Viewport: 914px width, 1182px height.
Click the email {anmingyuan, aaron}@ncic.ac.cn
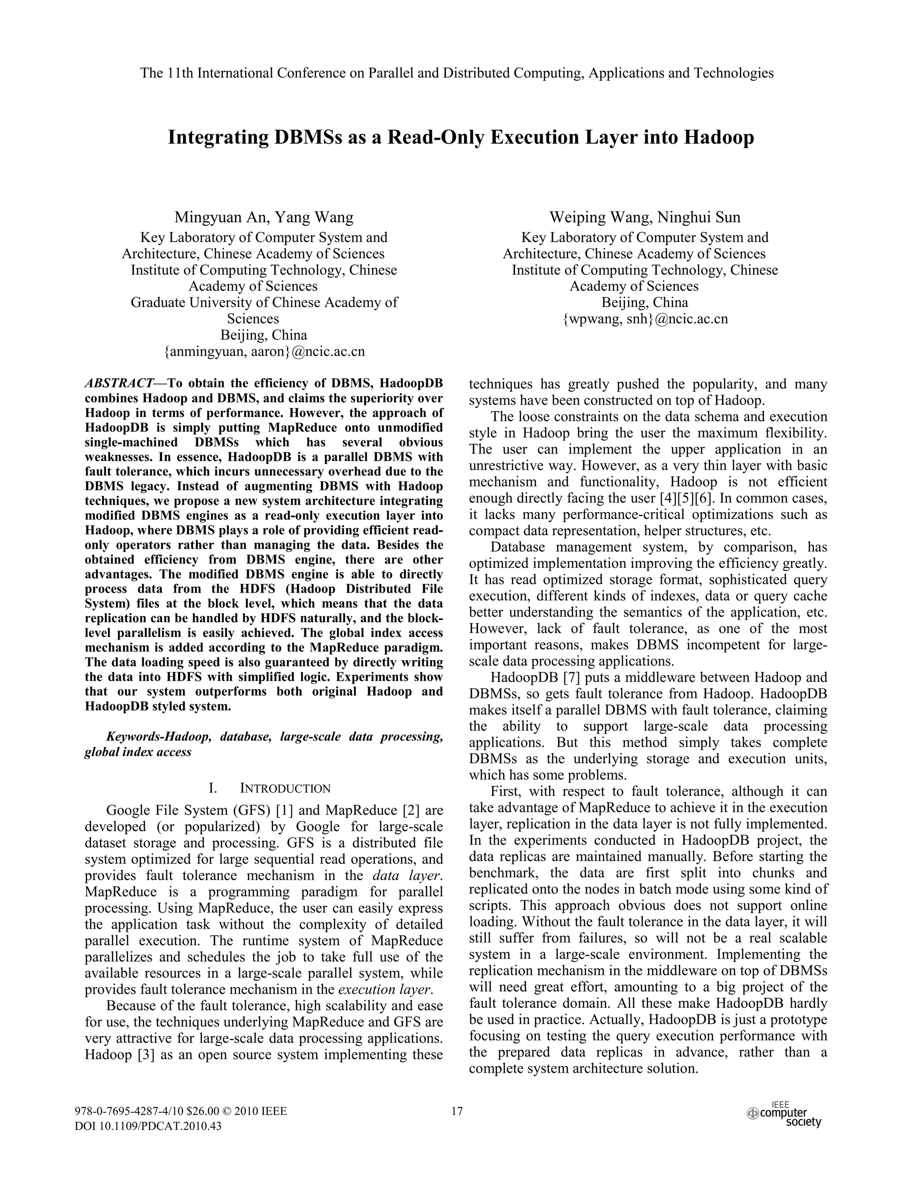coord(264,351)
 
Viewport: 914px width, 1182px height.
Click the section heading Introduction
coord(285,788)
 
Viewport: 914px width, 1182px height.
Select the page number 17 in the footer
coord(457,1112)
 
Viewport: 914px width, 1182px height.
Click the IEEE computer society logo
coord(785,1114)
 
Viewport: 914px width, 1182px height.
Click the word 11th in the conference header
coord(180,73)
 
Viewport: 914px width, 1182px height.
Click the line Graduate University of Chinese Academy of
coord(264,302)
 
